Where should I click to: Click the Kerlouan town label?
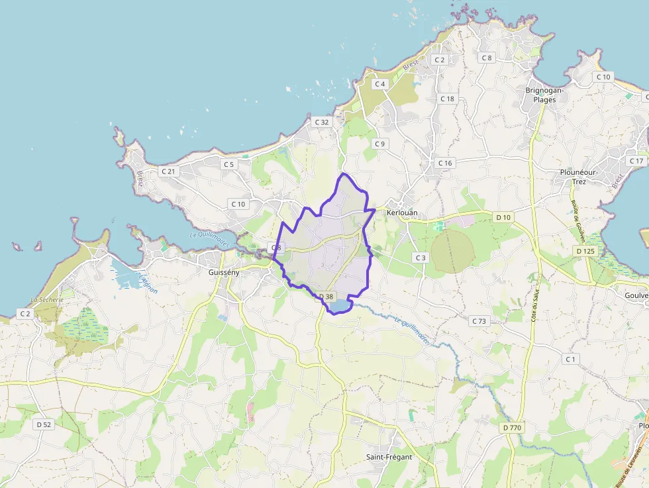point(402,213)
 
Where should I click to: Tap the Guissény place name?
point(224,272)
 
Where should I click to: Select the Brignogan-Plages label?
point(545,95)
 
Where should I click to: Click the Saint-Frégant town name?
point(389,457)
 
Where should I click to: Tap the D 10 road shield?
point(503,217)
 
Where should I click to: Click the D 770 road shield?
point(513,428)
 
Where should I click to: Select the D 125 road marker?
point(585,251)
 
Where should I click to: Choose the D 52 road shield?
point(44,424)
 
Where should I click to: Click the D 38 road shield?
point(326,296)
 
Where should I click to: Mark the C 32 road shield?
point(322,122)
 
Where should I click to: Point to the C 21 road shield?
point(168,171)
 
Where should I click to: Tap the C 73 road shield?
point(479,320)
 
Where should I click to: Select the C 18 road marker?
point(448,99)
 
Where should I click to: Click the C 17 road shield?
point(636,161)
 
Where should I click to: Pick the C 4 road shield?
point(379,84)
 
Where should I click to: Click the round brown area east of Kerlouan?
point(452,251)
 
